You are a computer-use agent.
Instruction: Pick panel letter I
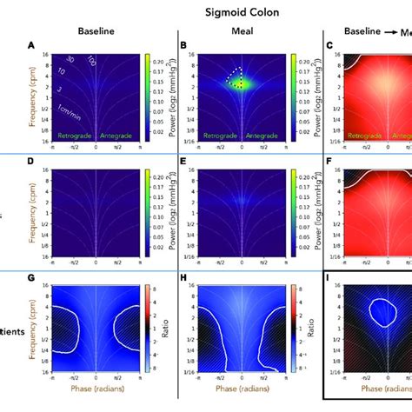325,278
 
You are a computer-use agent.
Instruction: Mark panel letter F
325,163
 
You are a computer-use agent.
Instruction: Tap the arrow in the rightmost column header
382,30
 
